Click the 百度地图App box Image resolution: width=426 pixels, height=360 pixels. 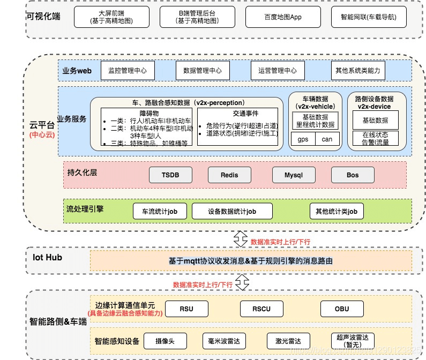(282, 17)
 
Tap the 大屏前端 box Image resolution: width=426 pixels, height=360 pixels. (111, 17)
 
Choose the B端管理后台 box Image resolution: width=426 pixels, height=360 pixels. (197, 17)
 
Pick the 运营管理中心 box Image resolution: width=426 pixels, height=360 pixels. (278, 70)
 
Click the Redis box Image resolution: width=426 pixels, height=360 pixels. (229, 175)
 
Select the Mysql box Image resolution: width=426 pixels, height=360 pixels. (293, 175)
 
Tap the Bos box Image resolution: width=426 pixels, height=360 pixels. (353, 175)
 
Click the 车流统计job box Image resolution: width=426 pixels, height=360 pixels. (160, 211)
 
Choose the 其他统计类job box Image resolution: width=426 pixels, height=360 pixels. (337, 211)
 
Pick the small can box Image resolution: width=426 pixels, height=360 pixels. (327, 139)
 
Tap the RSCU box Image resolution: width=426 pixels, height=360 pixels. (262, 309)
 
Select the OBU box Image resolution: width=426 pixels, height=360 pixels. (342, 309)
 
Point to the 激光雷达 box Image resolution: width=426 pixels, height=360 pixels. (288, 341)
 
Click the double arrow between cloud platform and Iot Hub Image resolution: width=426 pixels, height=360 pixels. (241, 238)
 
